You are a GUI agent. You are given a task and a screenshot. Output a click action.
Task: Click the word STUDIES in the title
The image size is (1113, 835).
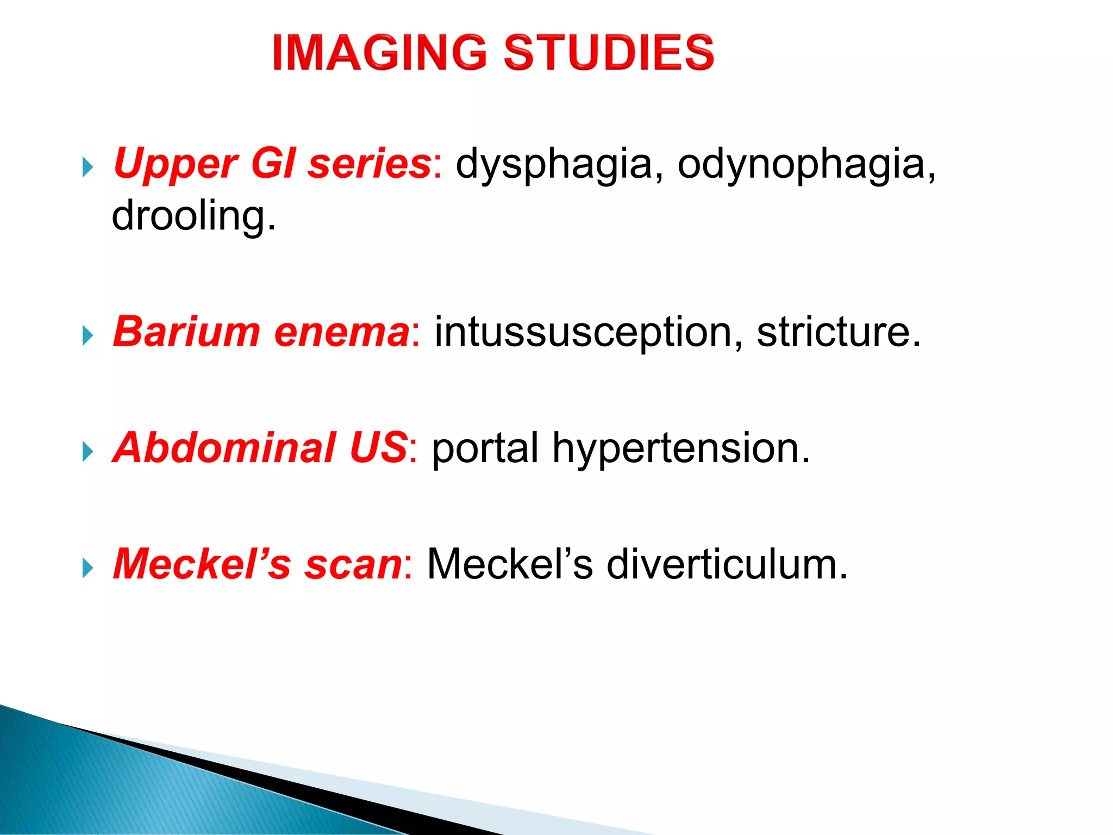(x=609, y=53)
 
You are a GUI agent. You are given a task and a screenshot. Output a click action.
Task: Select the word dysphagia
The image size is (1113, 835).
(x=553, y=164)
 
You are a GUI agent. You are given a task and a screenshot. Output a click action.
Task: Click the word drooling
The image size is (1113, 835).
(x=193, y=216)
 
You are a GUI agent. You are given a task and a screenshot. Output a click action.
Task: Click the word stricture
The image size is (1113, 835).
(x=838, y=333)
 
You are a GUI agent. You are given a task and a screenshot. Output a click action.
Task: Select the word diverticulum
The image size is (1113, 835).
(x=727, y=564)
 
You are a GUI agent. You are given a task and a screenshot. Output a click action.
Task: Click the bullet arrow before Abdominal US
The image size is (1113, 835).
(x=87, y=452)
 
